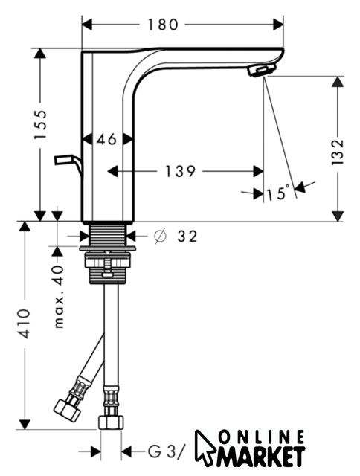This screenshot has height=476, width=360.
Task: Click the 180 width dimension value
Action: point(162,25)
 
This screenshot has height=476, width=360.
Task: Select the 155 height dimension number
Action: point(40,124)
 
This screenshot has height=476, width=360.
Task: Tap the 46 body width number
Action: point(106,139)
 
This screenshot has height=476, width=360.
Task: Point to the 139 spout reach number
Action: point(180,172)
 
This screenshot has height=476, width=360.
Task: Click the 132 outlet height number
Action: point(337,152)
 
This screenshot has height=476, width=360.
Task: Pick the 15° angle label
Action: point(277,193)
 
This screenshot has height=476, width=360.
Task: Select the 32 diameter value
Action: point(187,237)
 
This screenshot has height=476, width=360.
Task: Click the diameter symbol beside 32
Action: point(160,236)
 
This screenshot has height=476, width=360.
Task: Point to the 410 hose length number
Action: point(24,324)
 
